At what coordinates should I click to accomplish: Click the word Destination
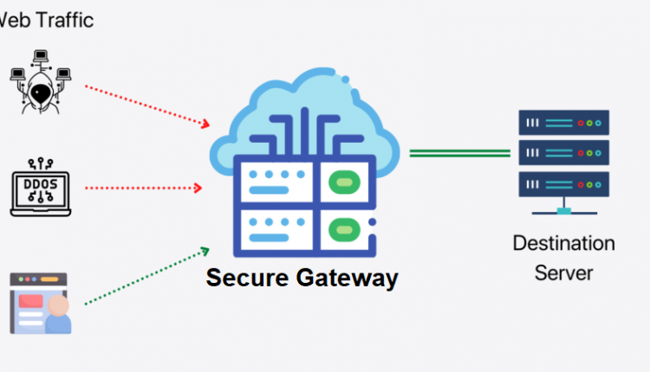[563, 243]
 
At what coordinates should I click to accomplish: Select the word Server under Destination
[563, 273]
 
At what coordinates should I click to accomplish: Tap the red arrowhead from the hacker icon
[205, 124]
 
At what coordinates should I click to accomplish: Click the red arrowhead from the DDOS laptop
[199, 187]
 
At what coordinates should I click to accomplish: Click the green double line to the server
[459, 154]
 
